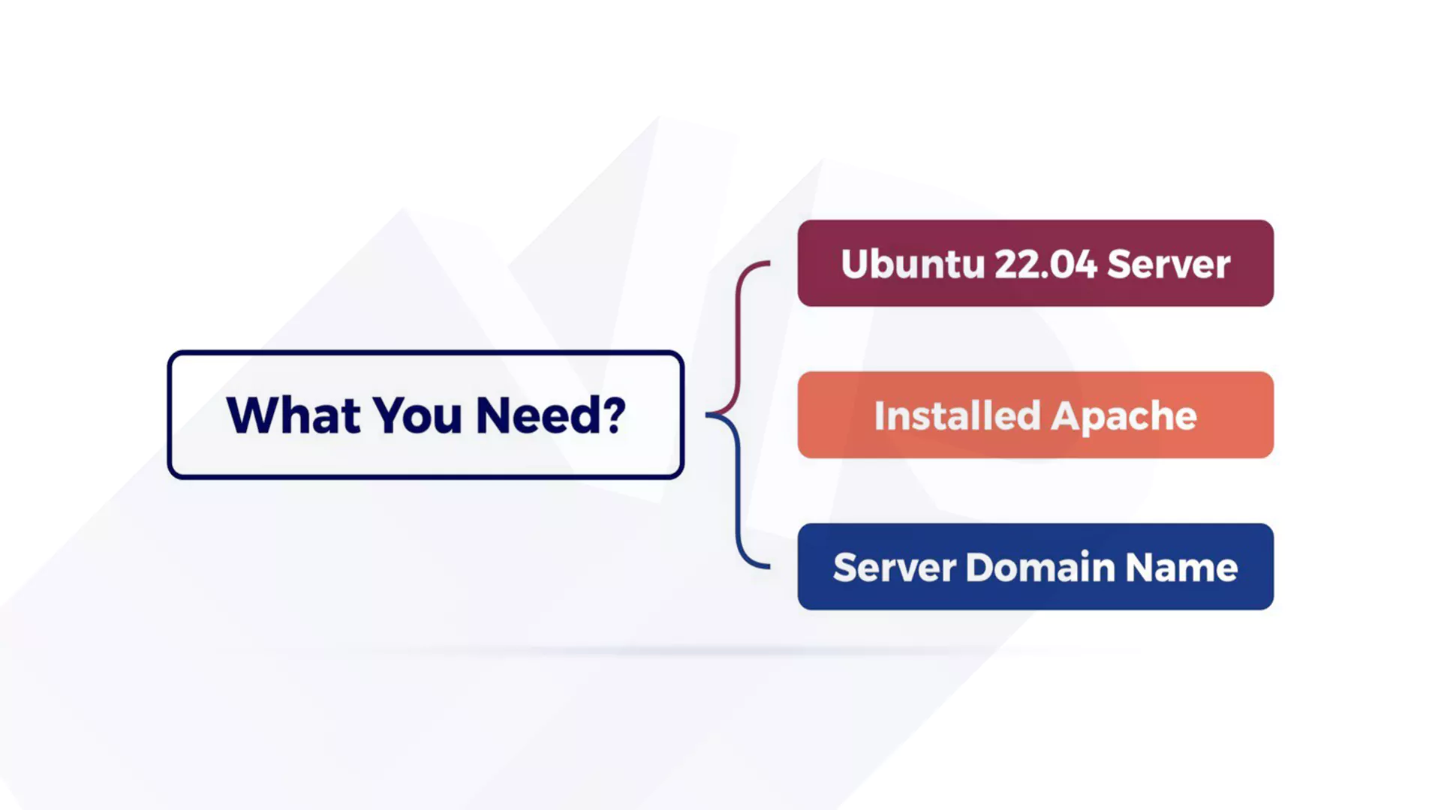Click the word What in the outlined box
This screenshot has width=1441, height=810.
coord(293,415)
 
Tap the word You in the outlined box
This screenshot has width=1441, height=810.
coord(417,415)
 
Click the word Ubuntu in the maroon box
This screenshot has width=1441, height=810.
coord(913,264)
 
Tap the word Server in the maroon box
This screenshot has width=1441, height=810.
coord(1169,264)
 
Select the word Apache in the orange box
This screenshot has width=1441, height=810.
coord(1124,417)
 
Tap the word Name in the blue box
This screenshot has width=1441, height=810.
coord(1181,567)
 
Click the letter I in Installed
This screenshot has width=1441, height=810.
coord(880,415)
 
